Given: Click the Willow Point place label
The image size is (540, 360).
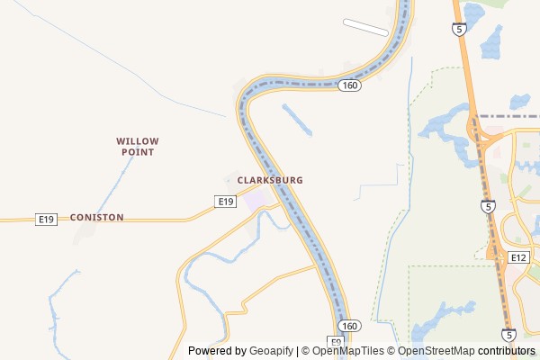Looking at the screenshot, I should click(138, 147).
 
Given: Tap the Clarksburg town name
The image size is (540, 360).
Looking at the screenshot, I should click(270, 180).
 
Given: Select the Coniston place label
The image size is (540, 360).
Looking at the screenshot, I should click(96, 218).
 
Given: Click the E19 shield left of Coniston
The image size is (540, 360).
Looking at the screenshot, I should click(47, 219).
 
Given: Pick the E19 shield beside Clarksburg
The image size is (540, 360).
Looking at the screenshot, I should click(226, 202).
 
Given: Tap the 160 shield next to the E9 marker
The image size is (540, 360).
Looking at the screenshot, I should click(349, 325).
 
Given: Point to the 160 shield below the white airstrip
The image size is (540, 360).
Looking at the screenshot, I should click(350, 85).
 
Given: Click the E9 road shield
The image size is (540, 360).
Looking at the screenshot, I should click(335, 342).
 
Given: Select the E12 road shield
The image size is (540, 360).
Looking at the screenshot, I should click(517, 257).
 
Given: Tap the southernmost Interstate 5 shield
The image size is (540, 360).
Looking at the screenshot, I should click(509, 335).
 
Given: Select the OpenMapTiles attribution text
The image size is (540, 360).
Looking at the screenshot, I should click(347, 351).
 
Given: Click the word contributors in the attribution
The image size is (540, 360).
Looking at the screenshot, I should click(507, 351).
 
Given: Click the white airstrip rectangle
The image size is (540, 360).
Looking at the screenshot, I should click(364, 26).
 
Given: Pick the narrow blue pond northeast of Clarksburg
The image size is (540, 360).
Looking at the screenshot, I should click(297, 120).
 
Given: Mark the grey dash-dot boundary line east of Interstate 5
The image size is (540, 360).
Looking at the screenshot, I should click(508, 116).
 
